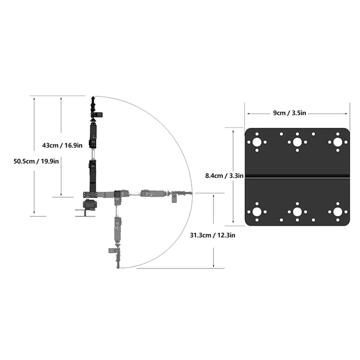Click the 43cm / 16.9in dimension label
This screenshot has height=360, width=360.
[62, 145]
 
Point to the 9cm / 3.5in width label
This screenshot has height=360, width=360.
[296, 113]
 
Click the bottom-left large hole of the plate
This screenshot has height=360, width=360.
[257, 211]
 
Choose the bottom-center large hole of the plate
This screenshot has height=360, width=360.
[297, 211]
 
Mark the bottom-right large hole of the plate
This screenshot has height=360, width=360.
[337, 211]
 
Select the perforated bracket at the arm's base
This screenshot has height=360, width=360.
[90, 194]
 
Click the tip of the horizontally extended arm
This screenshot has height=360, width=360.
[191, 194]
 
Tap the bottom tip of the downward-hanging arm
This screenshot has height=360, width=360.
[118, 267]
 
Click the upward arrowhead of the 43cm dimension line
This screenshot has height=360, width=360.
[61, 98]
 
